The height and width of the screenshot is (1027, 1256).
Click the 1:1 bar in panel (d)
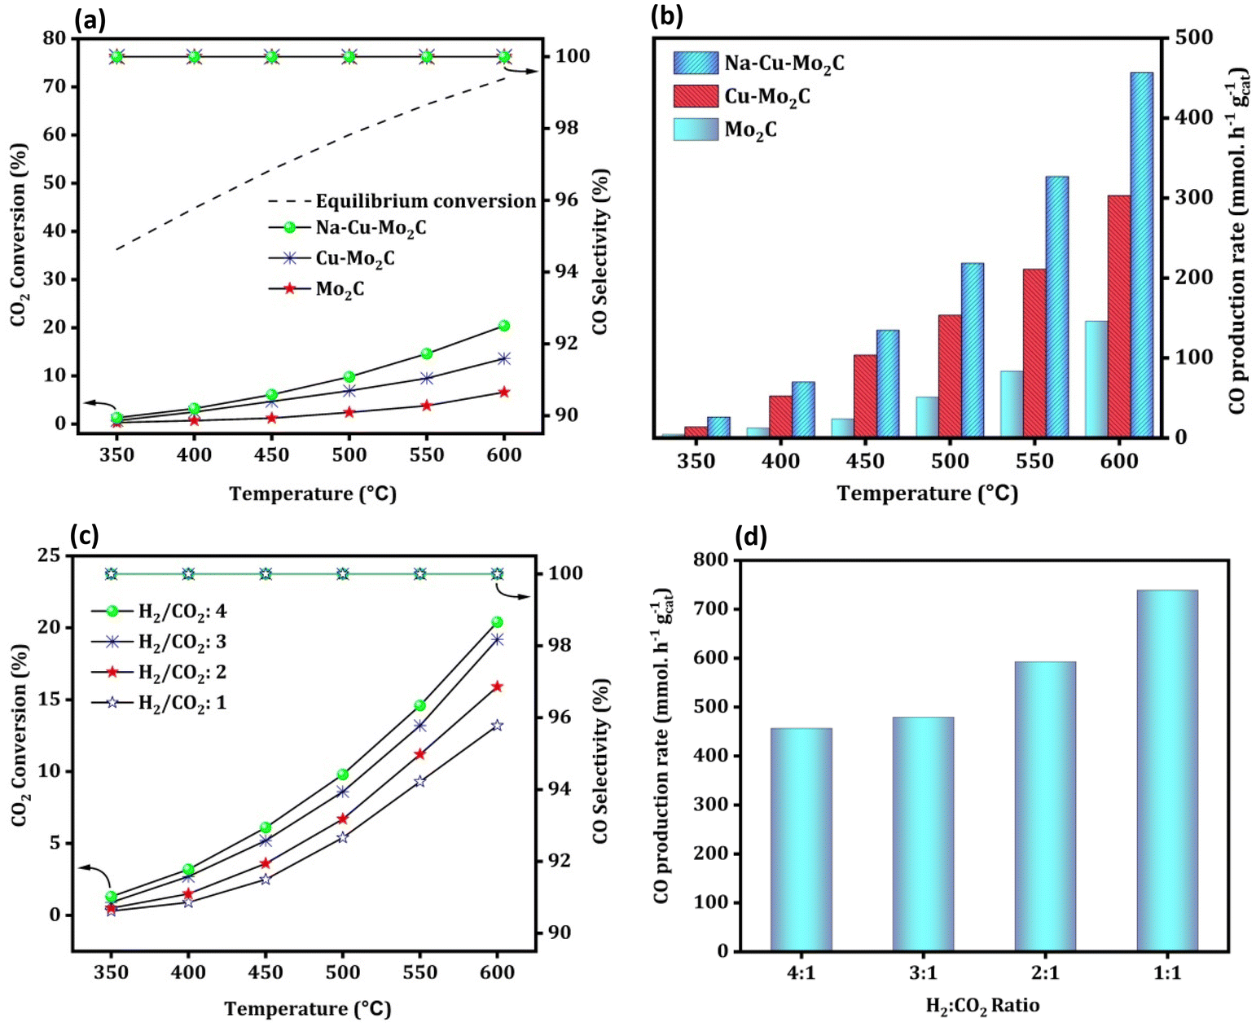[x=1166, y=770]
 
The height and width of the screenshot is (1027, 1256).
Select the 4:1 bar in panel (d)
[x=801, y=840]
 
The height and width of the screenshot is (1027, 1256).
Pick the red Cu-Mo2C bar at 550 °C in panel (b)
[x=1034, y=353]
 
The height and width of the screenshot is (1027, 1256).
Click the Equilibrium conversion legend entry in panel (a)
[x=402, y=201]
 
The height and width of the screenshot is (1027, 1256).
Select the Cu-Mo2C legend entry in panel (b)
[x=741, y=96]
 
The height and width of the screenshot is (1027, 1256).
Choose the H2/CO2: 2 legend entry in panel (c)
[x=159, y=673]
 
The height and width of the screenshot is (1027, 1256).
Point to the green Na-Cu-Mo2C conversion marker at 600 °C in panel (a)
[x=504, y=325]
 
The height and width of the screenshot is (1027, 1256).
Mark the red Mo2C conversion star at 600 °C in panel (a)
[x=504, y=392]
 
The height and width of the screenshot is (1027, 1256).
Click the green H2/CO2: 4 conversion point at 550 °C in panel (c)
[x=419, y=705]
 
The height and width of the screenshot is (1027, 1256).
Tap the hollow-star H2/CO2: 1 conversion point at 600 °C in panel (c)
[x=498, y=725]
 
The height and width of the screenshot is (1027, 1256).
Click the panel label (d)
[x=752, y=537]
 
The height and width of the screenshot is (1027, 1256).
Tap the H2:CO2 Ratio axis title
[x=982, y=1007]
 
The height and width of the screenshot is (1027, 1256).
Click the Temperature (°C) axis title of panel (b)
[x=927, y=494]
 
